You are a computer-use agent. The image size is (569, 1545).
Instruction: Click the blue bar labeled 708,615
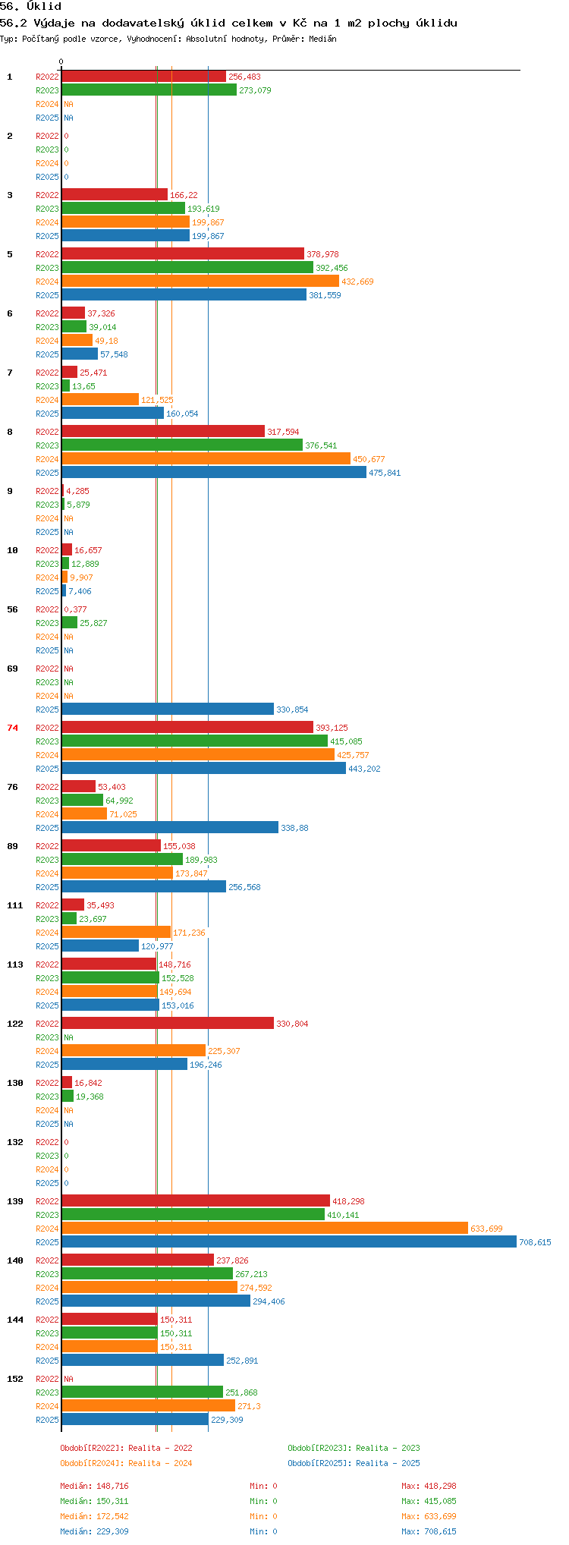point(288,1241)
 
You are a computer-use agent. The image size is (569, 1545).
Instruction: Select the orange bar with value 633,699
point(264,1228)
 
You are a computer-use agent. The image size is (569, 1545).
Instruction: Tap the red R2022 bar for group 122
point(167,1023)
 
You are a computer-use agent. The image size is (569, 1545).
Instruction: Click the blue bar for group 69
point(167,709)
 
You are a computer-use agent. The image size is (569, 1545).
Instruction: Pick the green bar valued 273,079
point(149,90)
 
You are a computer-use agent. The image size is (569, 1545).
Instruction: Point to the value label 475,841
point(385,473)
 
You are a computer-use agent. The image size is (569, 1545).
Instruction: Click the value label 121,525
point(157,400)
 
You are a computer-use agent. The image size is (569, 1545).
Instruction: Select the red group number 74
point(12,728)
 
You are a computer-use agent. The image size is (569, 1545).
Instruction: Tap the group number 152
point(15,1379)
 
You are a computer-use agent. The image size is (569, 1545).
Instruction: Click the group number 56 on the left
point(12,609)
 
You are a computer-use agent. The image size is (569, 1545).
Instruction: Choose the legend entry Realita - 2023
point(354,1448)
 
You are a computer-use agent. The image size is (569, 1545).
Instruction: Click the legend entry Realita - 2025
point(354,1463)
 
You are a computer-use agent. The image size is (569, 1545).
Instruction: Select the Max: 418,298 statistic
point(429,1486)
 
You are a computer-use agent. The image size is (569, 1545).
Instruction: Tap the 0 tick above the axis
point(61,61)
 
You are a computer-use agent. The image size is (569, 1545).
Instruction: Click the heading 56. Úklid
point(31,7)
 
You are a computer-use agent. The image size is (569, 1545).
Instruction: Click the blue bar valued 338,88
point(169,827)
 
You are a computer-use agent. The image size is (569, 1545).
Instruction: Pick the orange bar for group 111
point(115,932)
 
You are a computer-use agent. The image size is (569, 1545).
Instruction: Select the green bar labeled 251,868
point(142,1392)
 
